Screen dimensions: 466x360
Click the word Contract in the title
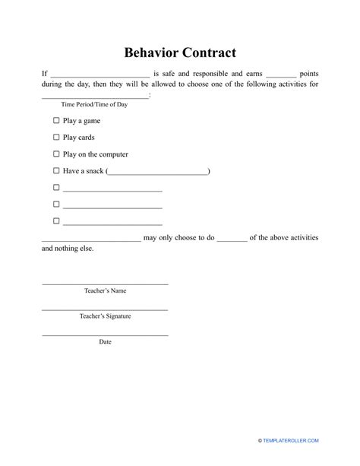point(209,53)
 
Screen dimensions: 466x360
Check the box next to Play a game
point(56,121)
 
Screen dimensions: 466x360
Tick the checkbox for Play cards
point(56,138)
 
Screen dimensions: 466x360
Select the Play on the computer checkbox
point(56,154)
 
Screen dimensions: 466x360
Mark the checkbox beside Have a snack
point(56,171)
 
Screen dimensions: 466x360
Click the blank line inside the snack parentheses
point(158,173)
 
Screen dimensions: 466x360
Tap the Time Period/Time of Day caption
point(84,104)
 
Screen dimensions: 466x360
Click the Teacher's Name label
point(105,290)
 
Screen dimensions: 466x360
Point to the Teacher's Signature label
point(105,316)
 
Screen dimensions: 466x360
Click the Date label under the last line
point(105,342)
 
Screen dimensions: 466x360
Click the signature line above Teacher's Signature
point(105,309)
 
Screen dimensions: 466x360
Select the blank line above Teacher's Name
point(105,284)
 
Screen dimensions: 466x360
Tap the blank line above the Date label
point(105,335)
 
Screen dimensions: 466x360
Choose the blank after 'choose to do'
point(232,239)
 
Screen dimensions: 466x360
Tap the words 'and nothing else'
point(68,249)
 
